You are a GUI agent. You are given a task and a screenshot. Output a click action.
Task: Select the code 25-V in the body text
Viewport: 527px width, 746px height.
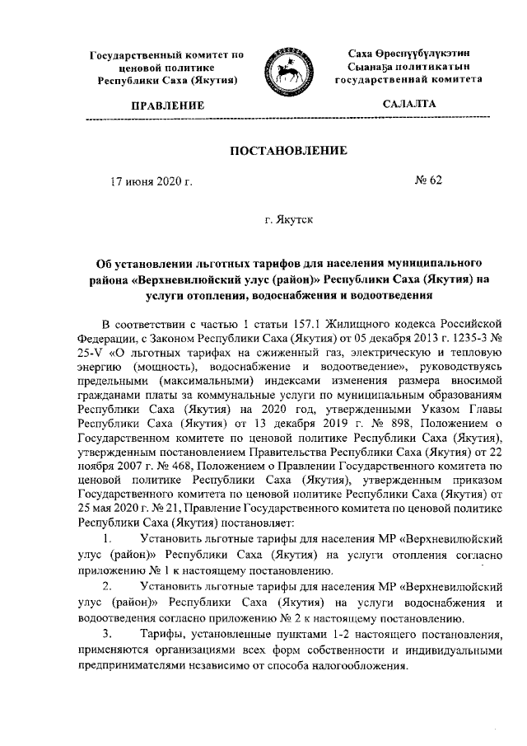93,350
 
